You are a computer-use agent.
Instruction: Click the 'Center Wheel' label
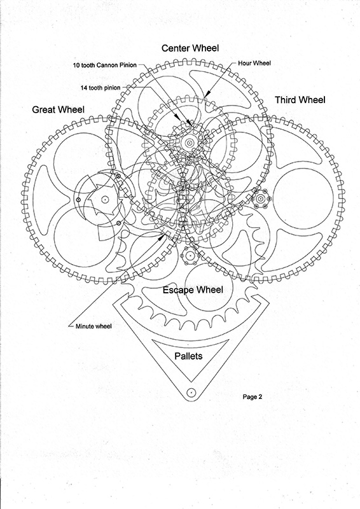pyautogui.click(x=190, y=48)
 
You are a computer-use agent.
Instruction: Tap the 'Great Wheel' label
pyautogui.click(x=58, y=109)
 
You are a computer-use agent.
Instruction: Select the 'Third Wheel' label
pyautogui.click(x=300, y=100)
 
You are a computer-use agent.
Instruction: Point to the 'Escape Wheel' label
pyautogui.click(x=193, y=290)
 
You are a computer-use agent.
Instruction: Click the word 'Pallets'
pyautogui.click(x=188, y=356)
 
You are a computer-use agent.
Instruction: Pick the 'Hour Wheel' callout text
pyautogui.click(x=254, y=63)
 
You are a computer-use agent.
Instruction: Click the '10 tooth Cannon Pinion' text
pyautogui.click(x=105, y=66)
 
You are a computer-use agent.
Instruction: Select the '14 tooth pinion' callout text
pyautogui.click(x=100, y=88)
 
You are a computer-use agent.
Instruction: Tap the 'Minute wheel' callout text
pyautogui.click(x=93, y=326)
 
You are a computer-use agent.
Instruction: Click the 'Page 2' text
pyautogui.click(x=253, y=396)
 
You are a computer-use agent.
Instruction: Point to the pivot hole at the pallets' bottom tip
pyautogui.click(x=191, y=392)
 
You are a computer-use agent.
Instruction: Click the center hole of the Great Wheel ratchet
pyautogui.click(x=104, y=200)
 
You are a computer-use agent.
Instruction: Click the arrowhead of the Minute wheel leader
pyautogui.click(x=162, y=237)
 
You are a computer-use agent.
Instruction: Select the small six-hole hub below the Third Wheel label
pyautogui.click(x=260, y=199)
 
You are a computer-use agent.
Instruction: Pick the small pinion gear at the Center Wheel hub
pyautogui.click(x=188, y=142)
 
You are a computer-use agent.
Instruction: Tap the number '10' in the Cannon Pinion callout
pyautogui.click(x=76, y=66)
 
